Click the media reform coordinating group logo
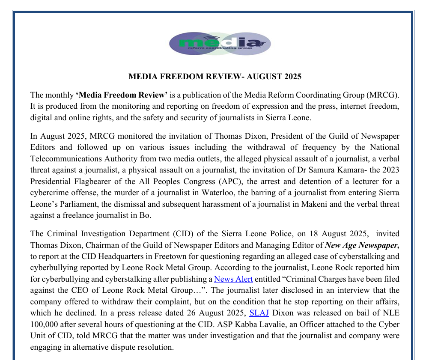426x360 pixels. tap(220, 44)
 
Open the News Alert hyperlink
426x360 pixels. tap(233, 279)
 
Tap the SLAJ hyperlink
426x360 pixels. tap(259, 312)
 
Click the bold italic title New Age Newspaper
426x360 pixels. tap(362, 245)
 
